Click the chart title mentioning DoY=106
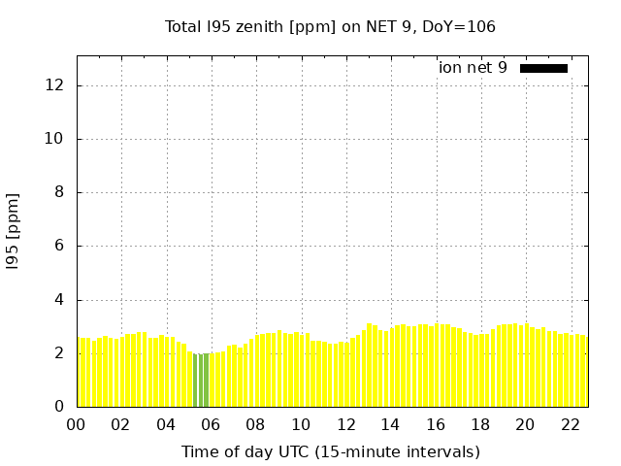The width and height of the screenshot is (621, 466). click(330, 27)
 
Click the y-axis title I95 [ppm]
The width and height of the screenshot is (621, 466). click(14, 230)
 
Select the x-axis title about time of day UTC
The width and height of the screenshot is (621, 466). click(330, 451)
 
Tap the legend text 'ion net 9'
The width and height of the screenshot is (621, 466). click(473, 68)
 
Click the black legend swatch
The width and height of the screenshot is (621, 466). click(543, 68)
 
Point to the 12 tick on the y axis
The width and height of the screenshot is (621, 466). click(54, 85)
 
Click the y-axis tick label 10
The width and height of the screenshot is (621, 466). click(54, 139)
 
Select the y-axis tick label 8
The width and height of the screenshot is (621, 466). click(58, 192)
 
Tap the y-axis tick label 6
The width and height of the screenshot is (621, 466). click(58, 246)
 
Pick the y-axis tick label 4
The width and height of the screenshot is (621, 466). click(58, 300)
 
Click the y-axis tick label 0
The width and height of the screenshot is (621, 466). click(58, 407)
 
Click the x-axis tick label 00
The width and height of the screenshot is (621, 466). click(76, 424)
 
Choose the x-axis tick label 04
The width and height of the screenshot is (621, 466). click(166, 424)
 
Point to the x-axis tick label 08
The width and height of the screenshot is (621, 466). click(255, 424)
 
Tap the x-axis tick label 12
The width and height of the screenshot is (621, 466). click(345, 424)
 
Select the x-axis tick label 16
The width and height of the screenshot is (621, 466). click(436, 424)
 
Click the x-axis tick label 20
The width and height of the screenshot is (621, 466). click(525, 424)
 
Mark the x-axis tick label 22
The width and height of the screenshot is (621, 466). click(571, 424)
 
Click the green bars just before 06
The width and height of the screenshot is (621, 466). click(201, 380)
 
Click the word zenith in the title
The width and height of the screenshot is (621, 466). click(255, 27)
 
